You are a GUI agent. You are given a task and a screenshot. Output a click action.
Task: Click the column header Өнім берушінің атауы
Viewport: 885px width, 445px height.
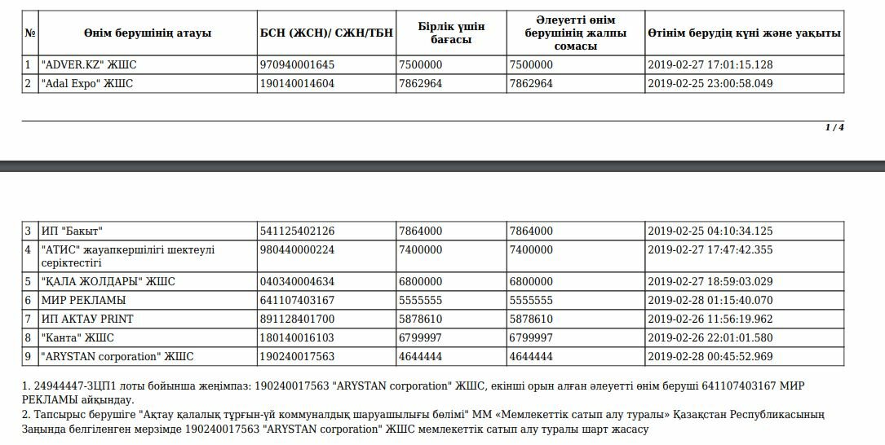pyautogui.click(x=147, y=33)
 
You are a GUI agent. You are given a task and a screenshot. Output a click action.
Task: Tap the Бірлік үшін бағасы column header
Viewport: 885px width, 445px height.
pyautogui.click(x=451, y=33)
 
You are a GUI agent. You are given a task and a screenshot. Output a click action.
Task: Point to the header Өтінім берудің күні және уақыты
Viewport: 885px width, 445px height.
pyautogui.click(x=744, y=33)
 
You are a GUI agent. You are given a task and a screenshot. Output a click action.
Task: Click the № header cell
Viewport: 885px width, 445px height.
pyautogui.click(x=30, y=33)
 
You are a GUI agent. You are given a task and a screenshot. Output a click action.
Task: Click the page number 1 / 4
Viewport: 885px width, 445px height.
pyautogui.click(x=834, y=127)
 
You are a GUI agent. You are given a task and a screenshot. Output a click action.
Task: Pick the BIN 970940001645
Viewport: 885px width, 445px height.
pyautogui.click(x=297, y=64)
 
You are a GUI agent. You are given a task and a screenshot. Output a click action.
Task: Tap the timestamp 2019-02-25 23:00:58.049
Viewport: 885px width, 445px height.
pyautogui.click(x=710, y=83)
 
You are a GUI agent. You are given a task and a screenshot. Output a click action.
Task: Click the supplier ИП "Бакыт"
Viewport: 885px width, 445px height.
pyautogui.click(x=72, y=231)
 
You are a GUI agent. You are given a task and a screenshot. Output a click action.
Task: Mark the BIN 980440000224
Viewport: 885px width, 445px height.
pyautogui.click(x=297, y=250)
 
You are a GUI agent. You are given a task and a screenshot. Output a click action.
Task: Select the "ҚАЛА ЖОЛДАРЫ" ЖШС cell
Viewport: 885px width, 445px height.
pyautogui.click(x=108, y=281)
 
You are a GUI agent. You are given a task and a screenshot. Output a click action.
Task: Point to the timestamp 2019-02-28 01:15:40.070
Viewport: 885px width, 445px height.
pyautogui.click(x=710, y=300)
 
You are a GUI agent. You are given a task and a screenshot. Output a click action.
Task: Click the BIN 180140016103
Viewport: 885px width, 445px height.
pyautogui.click(x=297, y=337)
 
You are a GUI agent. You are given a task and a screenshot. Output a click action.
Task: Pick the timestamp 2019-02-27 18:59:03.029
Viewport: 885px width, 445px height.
pyautogui.click(x=710, y=281)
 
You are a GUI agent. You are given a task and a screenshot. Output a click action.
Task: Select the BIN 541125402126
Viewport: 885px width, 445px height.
pyautogui.click(x=297, y=231)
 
